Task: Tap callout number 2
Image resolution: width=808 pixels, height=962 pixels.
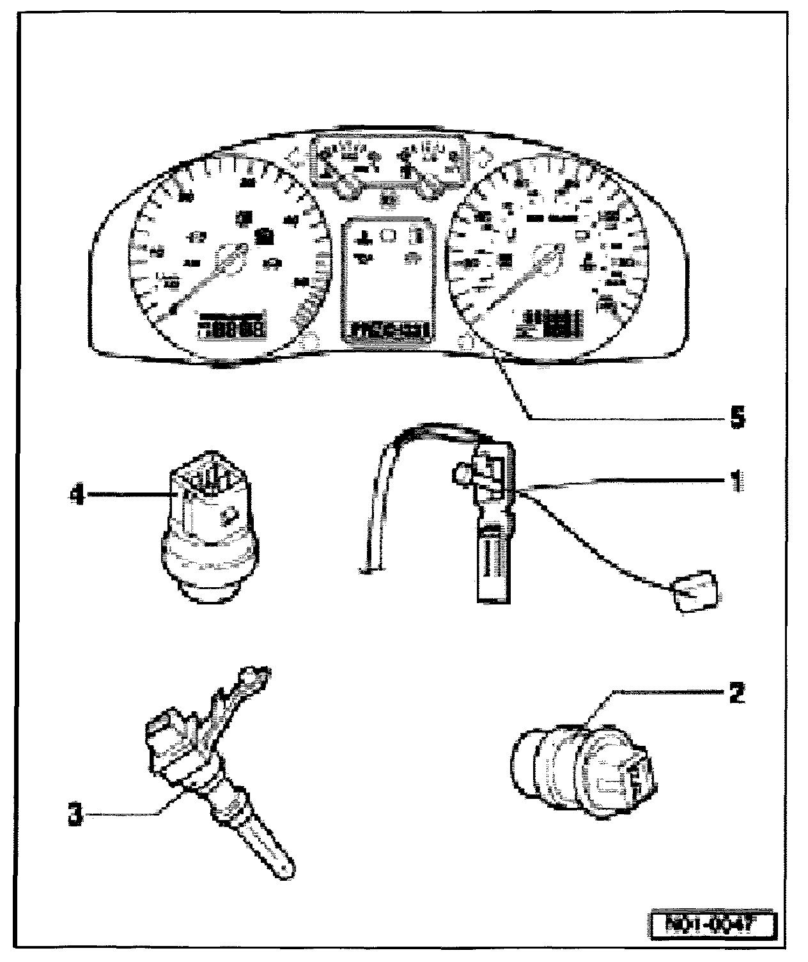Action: (x=735, y=693)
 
